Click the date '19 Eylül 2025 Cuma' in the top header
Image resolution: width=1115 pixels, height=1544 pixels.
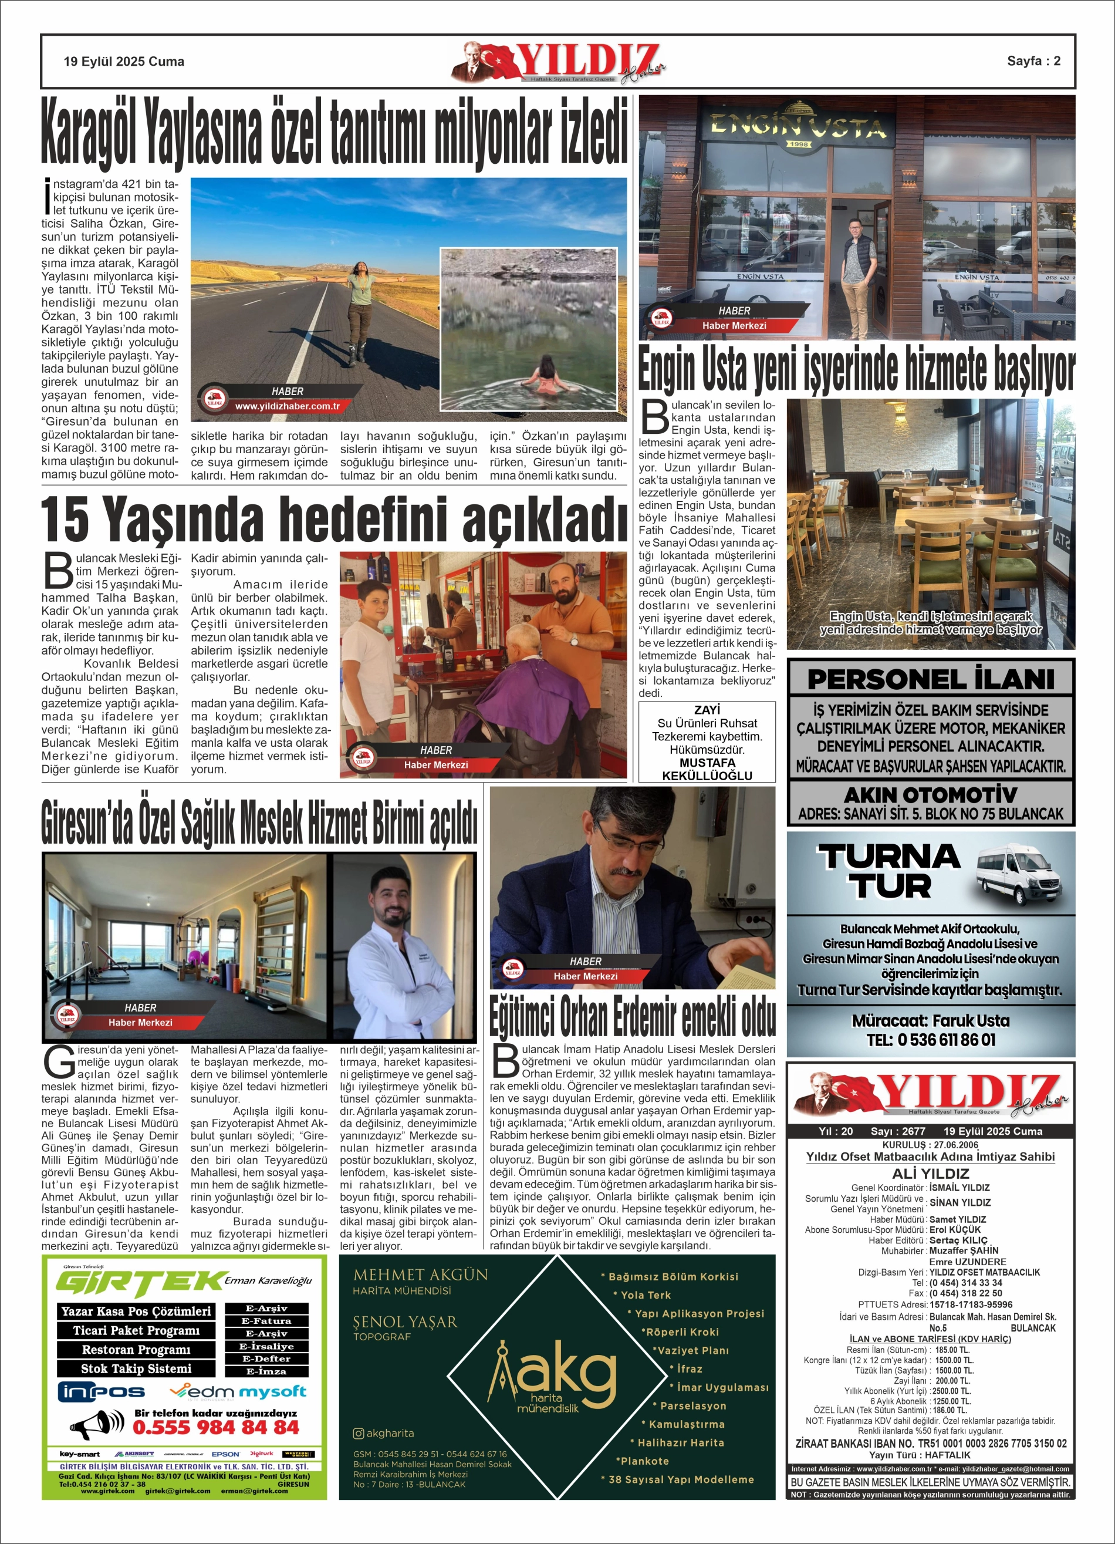click(124, 61)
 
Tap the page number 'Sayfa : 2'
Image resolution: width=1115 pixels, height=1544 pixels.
click(1033, 60)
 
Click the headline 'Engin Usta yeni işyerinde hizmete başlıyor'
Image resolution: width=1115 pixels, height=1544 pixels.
click(856, 370)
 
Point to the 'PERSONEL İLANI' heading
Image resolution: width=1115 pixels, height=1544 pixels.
click(931, 679)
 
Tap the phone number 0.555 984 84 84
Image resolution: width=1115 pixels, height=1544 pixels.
click(216, 1427)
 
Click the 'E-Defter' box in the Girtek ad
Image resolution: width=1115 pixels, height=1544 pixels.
click(268, 1358)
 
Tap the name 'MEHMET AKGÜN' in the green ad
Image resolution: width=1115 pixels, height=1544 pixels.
click(421, 1275)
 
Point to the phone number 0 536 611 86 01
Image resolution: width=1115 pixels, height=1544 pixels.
click(931, 1040)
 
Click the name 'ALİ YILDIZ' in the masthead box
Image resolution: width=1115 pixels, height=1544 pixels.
click(931, 1173)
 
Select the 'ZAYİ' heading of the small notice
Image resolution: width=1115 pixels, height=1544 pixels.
click(707, 709)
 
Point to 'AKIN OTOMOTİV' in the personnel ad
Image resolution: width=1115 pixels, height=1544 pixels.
click(931, 794)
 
